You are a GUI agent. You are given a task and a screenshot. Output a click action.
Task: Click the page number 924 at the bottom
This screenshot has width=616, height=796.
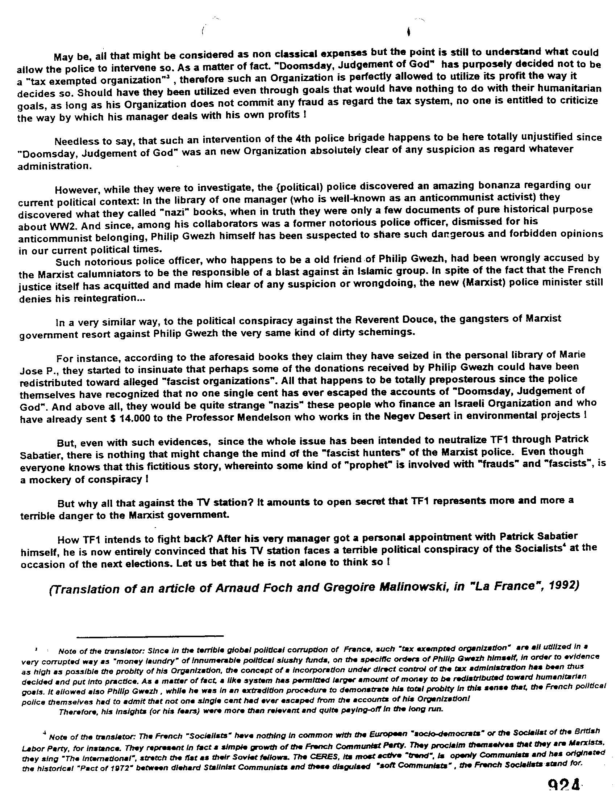[x=564, y=789]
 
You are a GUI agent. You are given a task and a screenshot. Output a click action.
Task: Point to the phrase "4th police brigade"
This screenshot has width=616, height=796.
[x=334, y=139]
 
